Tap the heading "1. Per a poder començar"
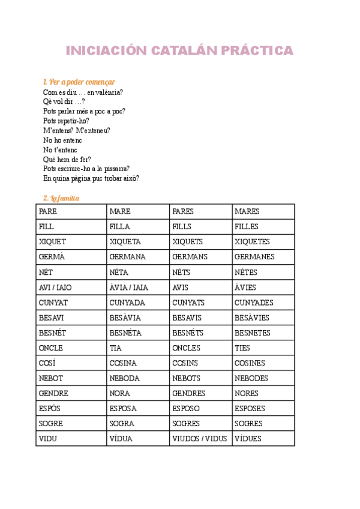point(79,82)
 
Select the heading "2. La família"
point(61,198)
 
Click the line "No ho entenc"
point(62,140)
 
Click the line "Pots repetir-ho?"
point(66,121)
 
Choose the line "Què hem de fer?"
point(67,159)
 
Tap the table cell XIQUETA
point(125,242)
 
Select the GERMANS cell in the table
point(188,257)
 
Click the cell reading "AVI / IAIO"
point(55,288)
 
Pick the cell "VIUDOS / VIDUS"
point(199,439)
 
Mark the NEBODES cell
point(251,378)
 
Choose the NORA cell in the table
point(120,393)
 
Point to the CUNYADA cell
point(127,303)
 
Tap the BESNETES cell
point(253,333)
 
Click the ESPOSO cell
point(187,408)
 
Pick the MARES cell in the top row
point(247,212)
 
